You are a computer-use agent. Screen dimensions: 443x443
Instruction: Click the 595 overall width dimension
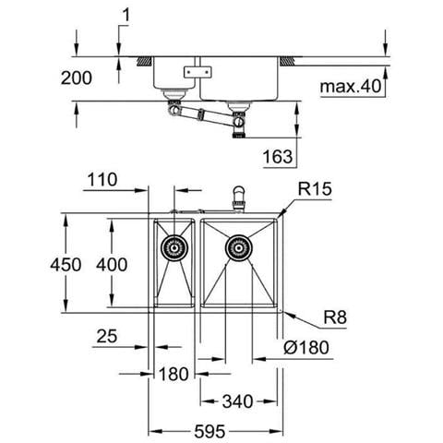coord(210,432)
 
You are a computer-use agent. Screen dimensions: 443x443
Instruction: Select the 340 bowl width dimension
coord(237,401)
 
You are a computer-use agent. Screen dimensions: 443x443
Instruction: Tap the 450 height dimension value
coord(66,265)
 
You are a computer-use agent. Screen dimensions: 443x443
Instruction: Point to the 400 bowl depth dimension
coord(112,265)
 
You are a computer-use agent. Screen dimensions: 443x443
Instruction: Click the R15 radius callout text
coord(315,189)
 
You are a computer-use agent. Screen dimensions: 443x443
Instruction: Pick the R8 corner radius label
coord(335,317)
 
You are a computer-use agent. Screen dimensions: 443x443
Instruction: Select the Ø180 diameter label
coord(306,348)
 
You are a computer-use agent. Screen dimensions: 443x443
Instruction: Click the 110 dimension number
coord(102,180)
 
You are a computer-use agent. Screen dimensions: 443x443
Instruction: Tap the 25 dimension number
coord(107,336)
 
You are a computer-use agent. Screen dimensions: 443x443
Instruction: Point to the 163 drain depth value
coord(278,157)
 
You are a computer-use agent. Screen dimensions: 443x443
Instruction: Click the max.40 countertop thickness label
coord(351,86)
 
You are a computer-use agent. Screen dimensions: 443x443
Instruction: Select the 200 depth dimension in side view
coord(77,78)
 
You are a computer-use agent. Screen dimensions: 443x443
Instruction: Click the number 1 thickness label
coord(126,16)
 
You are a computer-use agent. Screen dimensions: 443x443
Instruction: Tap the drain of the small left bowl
coord(174,248)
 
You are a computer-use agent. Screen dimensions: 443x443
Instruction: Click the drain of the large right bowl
coord(238,248)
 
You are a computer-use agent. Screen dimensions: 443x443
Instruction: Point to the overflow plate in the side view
coord(198,72)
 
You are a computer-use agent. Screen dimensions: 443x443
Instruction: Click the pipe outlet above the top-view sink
coord(238,198)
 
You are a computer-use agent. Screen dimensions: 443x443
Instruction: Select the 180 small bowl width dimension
coord(174,375)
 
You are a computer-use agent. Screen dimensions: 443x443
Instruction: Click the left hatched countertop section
coord(145,61)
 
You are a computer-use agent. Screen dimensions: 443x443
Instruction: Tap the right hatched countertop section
coord(287,61)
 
